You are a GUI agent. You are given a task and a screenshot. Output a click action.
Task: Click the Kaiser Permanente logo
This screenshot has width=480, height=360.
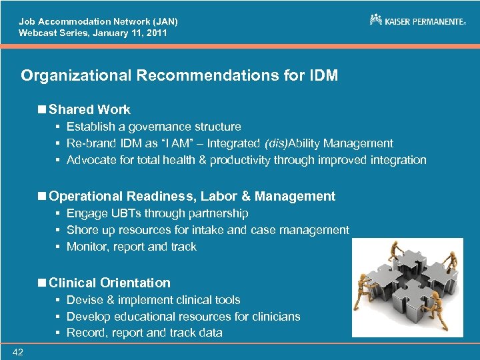coord(417,21)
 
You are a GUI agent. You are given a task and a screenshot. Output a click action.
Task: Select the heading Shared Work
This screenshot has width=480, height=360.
coord(89,109)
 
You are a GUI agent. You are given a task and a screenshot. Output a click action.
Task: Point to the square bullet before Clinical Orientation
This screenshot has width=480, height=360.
coord(43,283)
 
